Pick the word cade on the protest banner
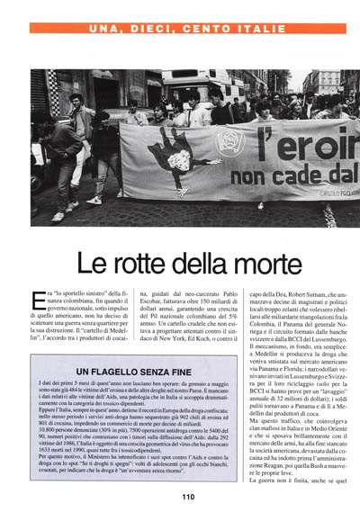point(284,175)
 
